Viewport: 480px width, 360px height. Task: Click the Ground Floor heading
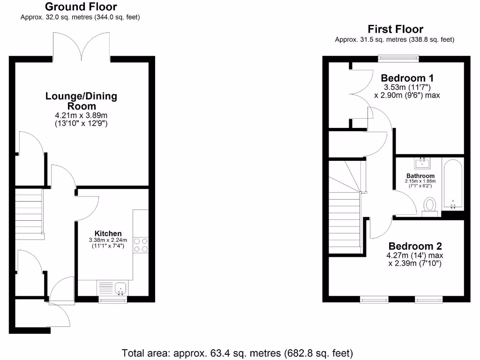pyautogui.click(x=81, y=7)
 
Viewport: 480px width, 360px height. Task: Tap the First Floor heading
pyautogui.click(x=395, y=30)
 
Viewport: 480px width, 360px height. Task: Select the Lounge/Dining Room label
pyautogui.click(x=81, y=101)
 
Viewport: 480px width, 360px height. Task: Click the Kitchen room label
pyautogui.click(x=108, y=233)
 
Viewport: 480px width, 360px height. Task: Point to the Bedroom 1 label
pyautogui.click(x=407, y=78)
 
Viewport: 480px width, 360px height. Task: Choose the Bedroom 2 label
pyautogui.click(x=415, y=246)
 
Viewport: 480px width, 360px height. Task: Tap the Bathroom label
pyautogui.click(x=420, y=176)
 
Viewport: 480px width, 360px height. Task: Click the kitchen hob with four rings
pyautogui.click(x=141, y=245)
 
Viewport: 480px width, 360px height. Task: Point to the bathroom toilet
pyautogui.click(x=430, y=206)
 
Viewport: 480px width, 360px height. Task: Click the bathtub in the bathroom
pyautogui.click(x=453, y=185)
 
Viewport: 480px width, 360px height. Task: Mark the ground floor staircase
pyautogui.click(x=29, y=213)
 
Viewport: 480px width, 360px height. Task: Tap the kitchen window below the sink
pyautogui.click(x=112, y=300)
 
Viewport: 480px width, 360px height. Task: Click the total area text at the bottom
pyautogui.click(x=237, y=352)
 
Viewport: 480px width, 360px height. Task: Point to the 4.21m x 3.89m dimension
pyautogui.click(x=81, y=115)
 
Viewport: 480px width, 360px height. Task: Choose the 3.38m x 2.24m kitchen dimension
pyautogui.click(x=108, y=240)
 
